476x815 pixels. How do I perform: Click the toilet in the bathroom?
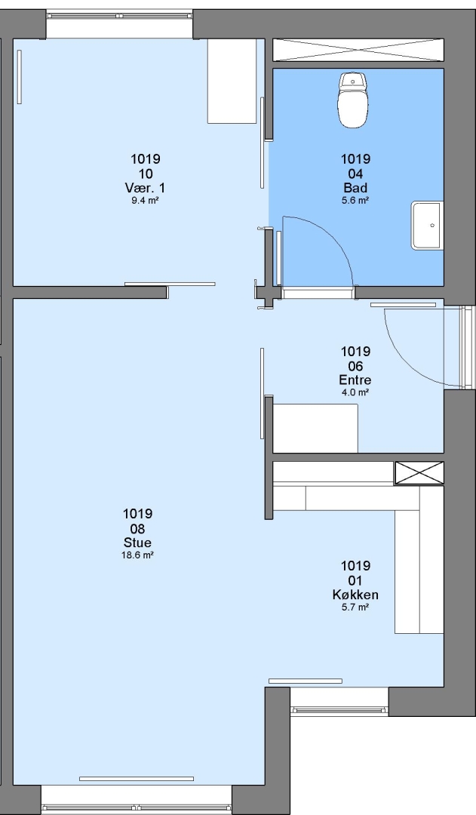click(353, 100)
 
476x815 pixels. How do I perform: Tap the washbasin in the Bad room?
click(428, 226)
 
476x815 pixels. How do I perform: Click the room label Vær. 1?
click(145, 187)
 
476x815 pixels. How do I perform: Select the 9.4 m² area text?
click(145, 200)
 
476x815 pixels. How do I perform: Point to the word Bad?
click(355, 187)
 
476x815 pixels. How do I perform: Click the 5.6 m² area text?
click(355, 200)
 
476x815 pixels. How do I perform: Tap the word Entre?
click(355, 380)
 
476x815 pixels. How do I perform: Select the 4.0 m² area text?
click(355, 392)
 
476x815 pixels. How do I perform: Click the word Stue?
click(138, 542)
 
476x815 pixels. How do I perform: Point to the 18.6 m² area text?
click(138, 555)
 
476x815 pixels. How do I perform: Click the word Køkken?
click(355, 594)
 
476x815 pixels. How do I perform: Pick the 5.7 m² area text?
click(355, 607)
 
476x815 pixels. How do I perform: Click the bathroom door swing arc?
click(333, 235)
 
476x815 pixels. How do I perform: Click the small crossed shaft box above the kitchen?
click(419, 472)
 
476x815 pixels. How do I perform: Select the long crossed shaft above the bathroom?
click(358, 51)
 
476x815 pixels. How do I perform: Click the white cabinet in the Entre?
click(315, 429)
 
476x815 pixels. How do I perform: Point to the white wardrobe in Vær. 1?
click(232, 81)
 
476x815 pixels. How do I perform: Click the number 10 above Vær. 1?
click(145, 174)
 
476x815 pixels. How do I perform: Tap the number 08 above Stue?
click(138, 528)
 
